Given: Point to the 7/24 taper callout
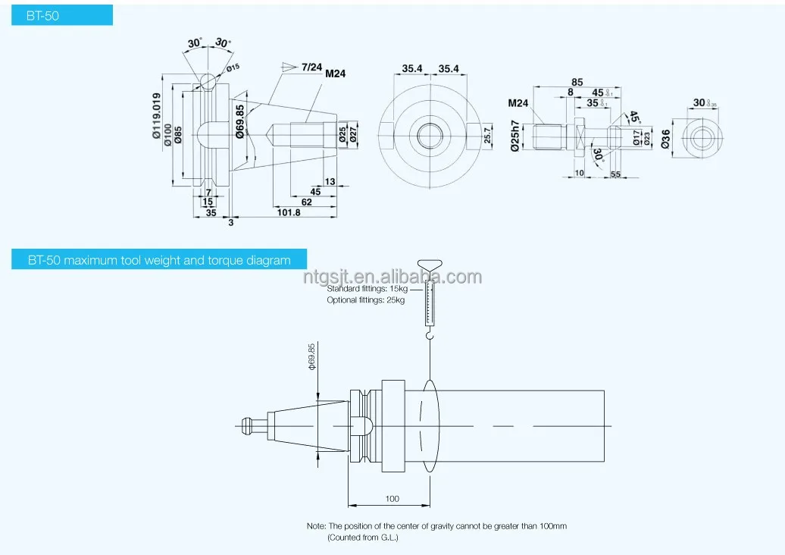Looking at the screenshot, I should click(311, 67).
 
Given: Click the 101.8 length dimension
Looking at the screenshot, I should click(288, 213).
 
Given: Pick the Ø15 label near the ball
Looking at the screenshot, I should click(233, 67).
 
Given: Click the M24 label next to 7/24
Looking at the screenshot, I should click(336, 74).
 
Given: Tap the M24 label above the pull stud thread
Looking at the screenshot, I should click(518, 103).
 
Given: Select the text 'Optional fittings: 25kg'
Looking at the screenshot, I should click(365, 300).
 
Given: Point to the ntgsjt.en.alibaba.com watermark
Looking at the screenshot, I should click(392, 277).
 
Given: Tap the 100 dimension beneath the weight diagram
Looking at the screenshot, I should click(392, 499).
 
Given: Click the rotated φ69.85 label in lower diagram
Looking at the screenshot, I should click(311, 356).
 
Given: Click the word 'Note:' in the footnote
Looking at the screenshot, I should click(316, 526).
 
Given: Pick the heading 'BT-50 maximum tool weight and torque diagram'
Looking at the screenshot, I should click(159, 260).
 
